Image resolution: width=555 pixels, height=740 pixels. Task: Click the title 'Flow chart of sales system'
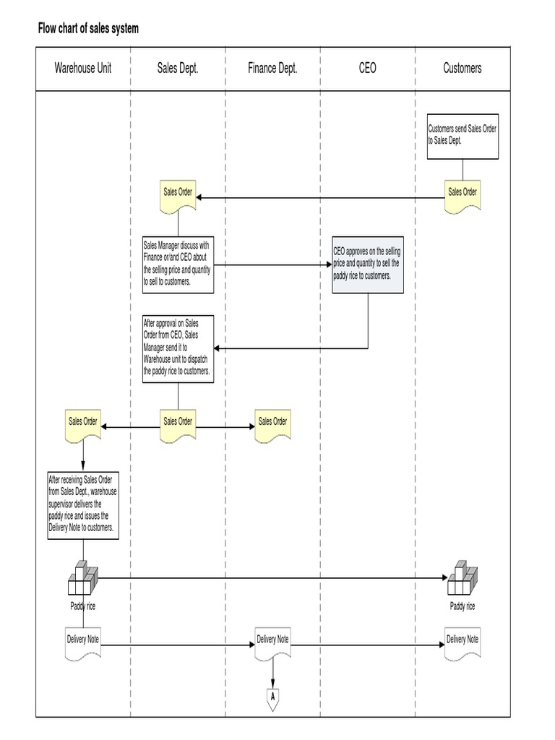[x=88, y=29]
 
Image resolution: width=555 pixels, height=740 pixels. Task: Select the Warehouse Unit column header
[x=82, y=69]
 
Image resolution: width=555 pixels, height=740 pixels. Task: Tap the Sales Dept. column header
[x=178, y=69]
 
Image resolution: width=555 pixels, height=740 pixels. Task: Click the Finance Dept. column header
[x=272, y=69]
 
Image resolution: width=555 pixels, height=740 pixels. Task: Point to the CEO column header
[x=367, y=69]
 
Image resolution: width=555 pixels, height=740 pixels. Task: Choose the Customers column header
[x=462, y=69]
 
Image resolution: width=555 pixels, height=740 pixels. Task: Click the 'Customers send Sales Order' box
[x=462, y=136]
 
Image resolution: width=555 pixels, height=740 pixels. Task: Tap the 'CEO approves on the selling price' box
[x=367, y=264]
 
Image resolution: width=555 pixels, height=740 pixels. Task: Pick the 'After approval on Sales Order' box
[x=178, y=348]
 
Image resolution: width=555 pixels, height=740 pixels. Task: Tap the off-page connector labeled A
[x=272, y=698]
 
